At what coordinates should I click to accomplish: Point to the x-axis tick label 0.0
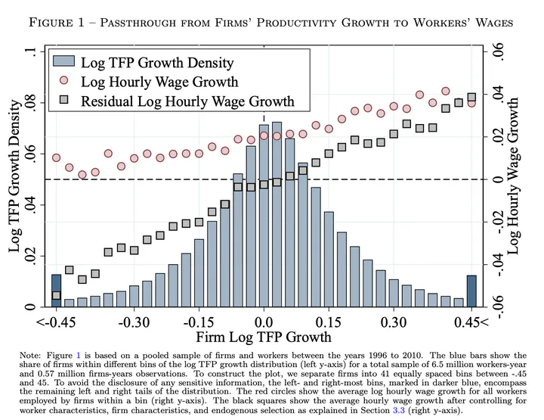263,321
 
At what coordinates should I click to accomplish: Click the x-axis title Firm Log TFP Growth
263,337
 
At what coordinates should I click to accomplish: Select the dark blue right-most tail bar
471,291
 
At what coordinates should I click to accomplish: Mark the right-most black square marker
471,98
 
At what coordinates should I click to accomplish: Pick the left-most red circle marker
56,157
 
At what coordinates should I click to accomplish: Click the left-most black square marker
56,295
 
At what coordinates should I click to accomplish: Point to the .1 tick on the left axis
30,52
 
